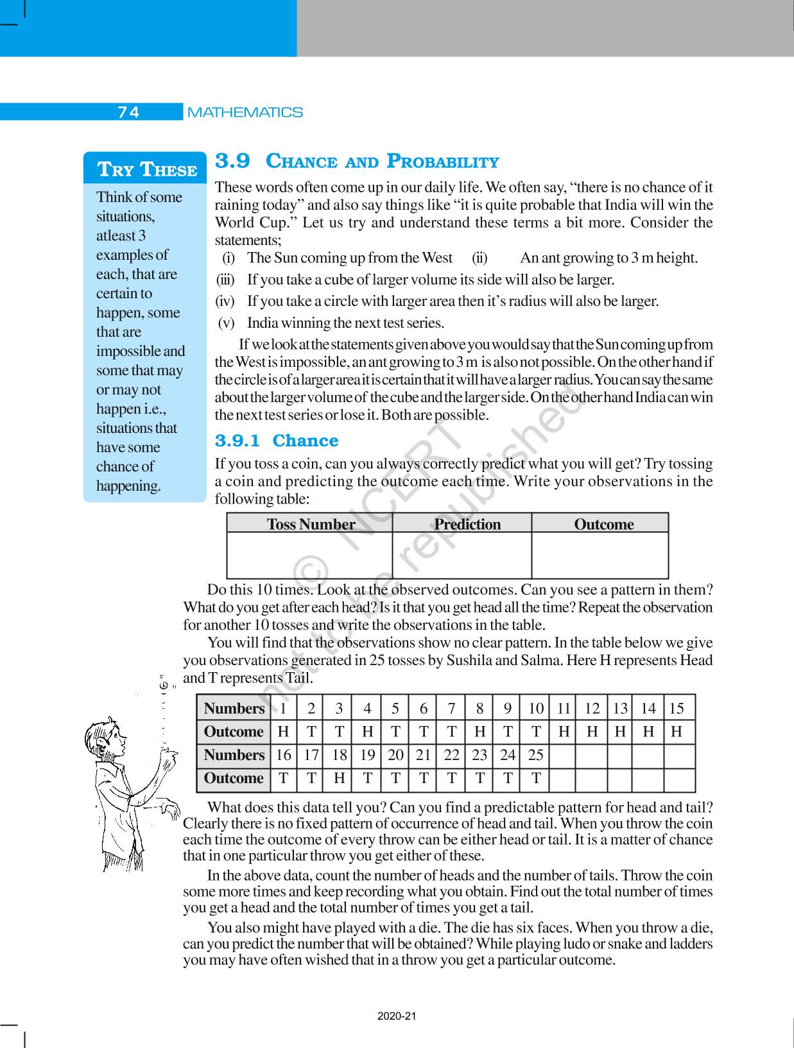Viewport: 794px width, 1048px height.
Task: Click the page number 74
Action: (x=128, y=112)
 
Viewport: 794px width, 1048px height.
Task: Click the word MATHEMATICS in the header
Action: (x=245, y=112)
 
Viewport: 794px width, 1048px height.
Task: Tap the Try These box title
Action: (x=147, y=169)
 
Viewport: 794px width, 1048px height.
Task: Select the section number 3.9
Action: (x=232, y=161)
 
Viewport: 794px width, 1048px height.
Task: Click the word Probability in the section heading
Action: (x=443, y=162)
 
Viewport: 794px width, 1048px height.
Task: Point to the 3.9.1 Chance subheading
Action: (x=276, y=441)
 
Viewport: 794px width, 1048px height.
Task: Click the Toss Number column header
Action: (x=311, y=524)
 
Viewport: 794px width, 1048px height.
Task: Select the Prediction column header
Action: (x=467, y=524)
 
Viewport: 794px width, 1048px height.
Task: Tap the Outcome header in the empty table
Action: (x=603, y=524)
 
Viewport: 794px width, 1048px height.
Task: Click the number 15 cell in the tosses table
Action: (x=677, y=708)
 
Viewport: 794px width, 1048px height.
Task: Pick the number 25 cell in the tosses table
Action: (x=535, y=755)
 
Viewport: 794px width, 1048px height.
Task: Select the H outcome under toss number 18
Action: (x=339, y=778)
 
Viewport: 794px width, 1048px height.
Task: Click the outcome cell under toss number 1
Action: (x=283, y=731)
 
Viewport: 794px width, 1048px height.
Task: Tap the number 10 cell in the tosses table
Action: (x=535, y=708)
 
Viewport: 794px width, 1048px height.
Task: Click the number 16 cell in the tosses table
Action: (x=283, y=755)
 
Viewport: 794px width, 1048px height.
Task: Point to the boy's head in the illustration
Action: (x=106, y=738)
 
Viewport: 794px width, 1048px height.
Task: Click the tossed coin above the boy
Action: (x=165, y=686)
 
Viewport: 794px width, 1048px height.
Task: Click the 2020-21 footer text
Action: (x=397, y=1016)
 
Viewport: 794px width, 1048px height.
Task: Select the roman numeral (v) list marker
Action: (x=226, y=323)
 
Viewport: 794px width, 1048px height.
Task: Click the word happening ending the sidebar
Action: (x=128, y=486)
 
